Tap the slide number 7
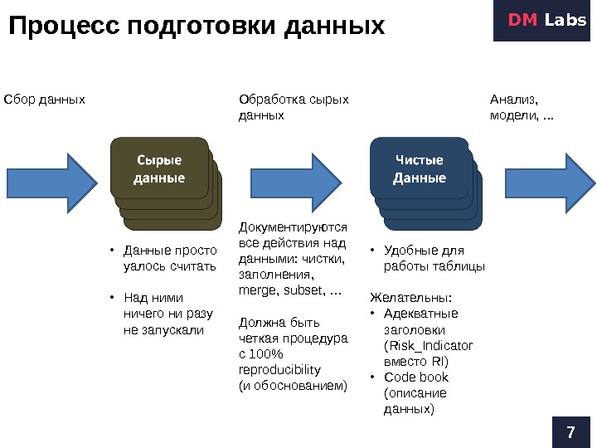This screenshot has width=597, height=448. click(570, 431)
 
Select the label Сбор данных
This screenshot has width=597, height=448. click(45, 100)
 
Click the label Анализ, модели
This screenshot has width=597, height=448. click(522, 107)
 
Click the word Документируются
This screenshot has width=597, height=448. click(293, 226)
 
